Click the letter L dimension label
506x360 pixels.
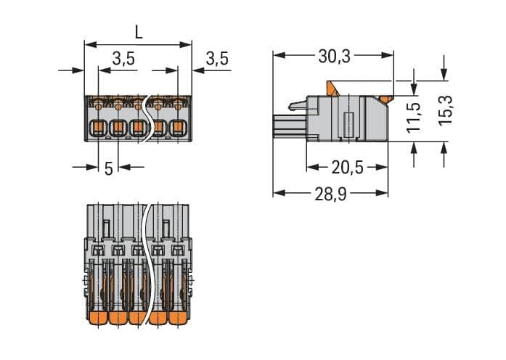tap(138, 33)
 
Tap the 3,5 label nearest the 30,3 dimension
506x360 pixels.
tap(216, 60)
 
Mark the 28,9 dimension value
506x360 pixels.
tap(330, 193)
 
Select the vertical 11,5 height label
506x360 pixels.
tap(414, 116)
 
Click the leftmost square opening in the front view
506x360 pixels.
tap(97, 130)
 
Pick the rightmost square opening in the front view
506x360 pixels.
tap(176, 130)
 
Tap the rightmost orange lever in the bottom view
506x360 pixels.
tap(177, 319)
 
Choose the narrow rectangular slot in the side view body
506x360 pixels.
tap(348, 124)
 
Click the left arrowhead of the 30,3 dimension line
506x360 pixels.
tap(277, 55)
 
